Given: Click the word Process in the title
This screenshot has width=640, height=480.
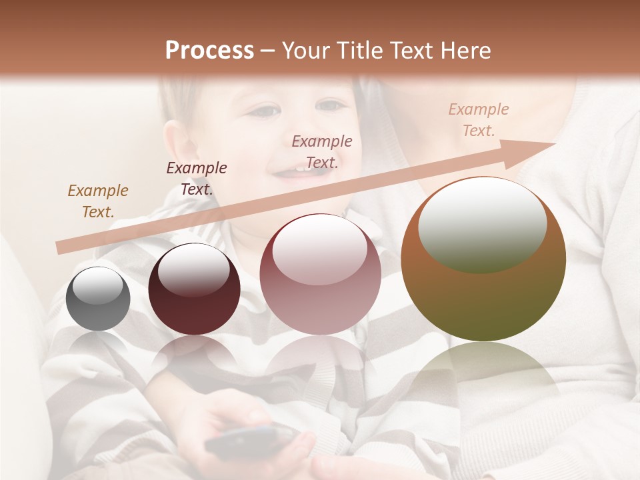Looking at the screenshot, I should (x=209, y=51).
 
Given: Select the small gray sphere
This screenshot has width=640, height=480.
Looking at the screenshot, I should (x=98, y=299).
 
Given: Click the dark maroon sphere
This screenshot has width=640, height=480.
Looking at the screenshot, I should (x=194, y=289).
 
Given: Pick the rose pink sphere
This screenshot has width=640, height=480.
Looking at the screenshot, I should (x=320, y=275).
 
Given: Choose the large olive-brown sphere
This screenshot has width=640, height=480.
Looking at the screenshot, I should (x=483, y=260).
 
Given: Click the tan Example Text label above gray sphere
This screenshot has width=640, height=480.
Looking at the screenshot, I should (x=98, y=201).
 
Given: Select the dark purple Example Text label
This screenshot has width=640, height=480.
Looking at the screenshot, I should (x=197, y=179).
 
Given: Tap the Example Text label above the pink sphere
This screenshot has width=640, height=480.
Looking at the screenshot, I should (x=322, y=152).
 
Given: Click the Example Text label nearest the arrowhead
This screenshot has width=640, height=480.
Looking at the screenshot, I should (x=478, y=120).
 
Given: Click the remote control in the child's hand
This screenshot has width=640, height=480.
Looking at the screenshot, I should (x=250, y=441).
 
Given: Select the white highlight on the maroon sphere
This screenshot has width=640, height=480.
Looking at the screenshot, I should (x=193, y=270).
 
